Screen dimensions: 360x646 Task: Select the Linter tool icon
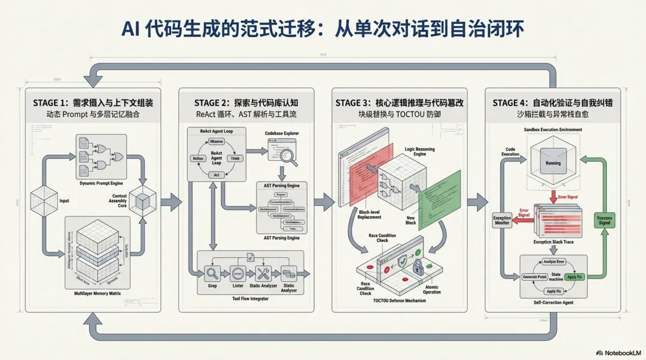coord(237,274)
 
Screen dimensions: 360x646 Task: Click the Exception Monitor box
coord(501,220)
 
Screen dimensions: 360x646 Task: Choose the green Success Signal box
coord(605,221)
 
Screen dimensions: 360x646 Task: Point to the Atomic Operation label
coord(432,289)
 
